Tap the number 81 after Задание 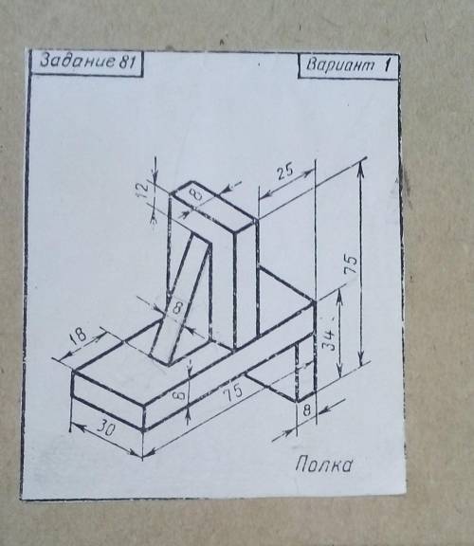[x=127, y=62]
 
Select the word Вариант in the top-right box [x=340, y=64]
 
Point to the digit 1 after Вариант [x=387, y=64]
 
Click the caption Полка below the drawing [x=323, y=464]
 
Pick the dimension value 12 [x=143, y=190]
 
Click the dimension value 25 [x=286, y=172]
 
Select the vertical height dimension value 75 [x=351, y=264]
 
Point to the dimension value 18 [x=78, y=335]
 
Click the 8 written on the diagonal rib [x=177, y=307]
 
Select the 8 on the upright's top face [x=198, y=195]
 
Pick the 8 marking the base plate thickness [x=180, y=396]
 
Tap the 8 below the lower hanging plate [x=306, y=410]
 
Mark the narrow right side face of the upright [x=246, y=286]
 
